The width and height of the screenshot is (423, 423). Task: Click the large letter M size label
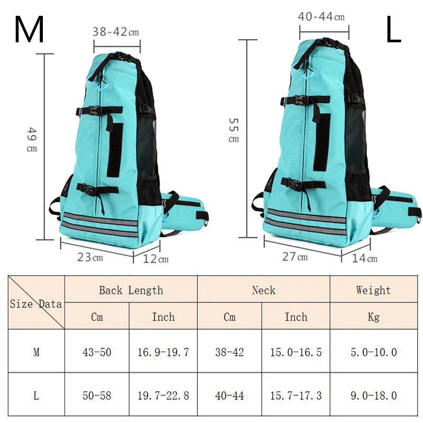[29, 30]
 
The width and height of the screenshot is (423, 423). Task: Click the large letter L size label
[393, 30]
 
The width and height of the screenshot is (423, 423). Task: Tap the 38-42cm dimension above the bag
[116, 32]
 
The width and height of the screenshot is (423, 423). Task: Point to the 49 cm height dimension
[32, 140]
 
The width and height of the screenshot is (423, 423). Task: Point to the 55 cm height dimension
[233, 130]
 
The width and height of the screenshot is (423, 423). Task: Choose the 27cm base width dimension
[295, 257]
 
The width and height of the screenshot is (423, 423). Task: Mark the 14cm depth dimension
[365, 258]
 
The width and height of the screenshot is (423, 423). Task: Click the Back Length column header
[131, 290]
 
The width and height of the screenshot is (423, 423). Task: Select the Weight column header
[373, 290]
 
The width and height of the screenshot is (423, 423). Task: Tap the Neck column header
[263, 290]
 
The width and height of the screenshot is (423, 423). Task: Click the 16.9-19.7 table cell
[163, 352]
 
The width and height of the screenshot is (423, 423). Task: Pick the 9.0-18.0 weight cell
[373, 395]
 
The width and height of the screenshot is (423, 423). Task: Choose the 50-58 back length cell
[97, 395]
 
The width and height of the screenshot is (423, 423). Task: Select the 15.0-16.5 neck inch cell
[296, 352]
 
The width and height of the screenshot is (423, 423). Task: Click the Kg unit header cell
[373, 317]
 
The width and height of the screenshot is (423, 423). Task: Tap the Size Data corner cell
[36, 304]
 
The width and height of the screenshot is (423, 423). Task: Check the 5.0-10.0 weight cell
[373, 352]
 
